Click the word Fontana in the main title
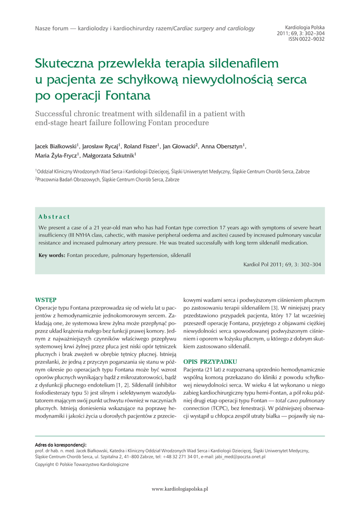[x=127, y=95]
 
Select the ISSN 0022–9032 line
[x=306, y=39]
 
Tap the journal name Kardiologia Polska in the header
[x=305, y=27]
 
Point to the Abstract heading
[x=54, y=217]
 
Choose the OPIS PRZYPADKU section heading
[x=210, y=361]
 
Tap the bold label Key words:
[x=52, y=255]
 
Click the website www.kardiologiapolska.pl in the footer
[x=180, y=489]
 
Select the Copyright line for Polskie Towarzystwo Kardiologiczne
[x=82, y=464]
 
